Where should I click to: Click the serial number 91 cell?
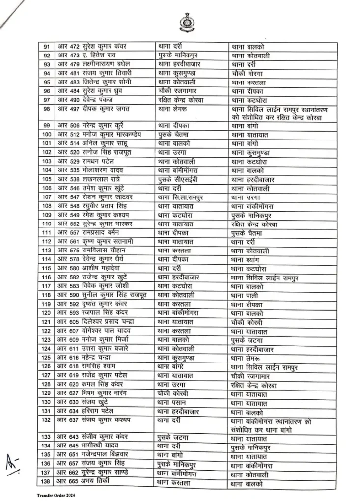point(47,47)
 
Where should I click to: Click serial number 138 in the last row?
point(47,483)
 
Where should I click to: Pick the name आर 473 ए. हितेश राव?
point(88,55)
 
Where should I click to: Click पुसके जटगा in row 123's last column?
point(248,340)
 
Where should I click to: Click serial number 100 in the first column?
point(47,134)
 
